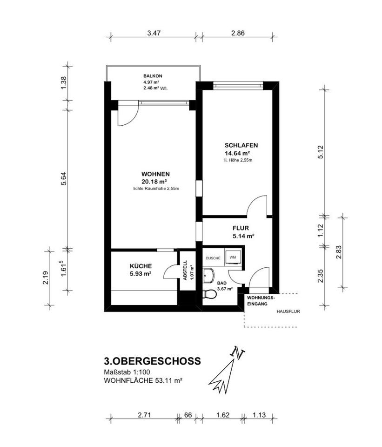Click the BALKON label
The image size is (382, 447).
coord(153,76)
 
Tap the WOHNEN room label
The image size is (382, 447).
coord(155,174)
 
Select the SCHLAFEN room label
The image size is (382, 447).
coord(241,145)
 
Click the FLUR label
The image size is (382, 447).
coord(241,228)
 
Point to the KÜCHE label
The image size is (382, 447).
coord(141,266)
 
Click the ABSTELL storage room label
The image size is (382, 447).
coord(186,270)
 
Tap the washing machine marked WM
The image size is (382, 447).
coord(233,257)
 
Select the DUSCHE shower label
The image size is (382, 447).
coord(213,258)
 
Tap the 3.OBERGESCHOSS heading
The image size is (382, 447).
coord(153,361)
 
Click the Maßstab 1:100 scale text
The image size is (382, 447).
coord(127,372)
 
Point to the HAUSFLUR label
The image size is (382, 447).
coord(288,312)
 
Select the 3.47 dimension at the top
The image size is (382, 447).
coord(154,33)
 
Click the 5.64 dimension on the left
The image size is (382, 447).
coord(64,178)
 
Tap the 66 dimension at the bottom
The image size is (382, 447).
coord(188,415)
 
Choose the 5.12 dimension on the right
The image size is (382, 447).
coord(321,152)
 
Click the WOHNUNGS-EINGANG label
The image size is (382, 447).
coord(261,301)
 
